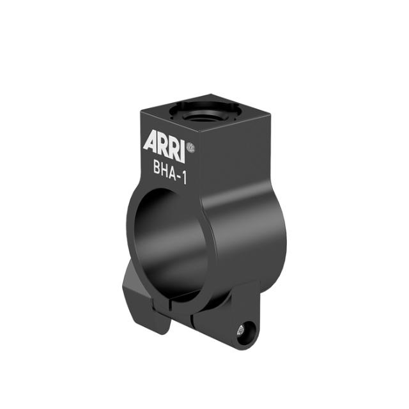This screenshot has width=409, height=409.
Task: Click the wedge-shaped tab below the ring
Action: [x=137, y=294]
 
